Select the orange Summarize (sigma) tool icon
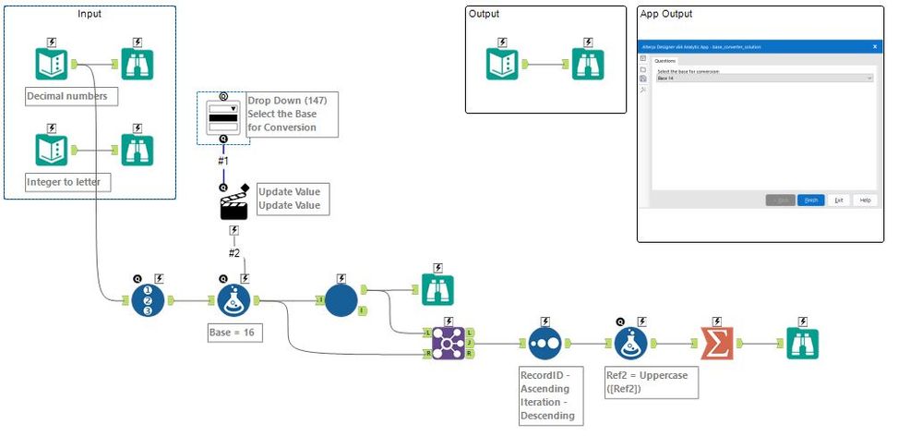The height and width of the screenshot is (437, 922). pos(715,343)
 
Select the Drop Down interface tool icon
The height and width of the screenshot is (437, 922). pos(222,116)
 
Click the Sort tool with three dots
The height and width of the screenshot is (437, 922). pos(546,343)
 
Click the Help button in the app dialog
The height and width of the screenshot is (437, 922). pos(865,200)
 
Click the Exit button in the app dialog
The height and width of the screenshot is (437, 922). pos(838,200)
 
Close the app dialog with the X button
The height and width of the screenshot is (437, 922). pos(875,45)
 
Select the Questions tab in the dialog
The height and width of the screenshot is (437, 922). pos(665,61)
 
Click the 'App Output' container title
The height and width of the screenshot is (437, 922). pos(665,14)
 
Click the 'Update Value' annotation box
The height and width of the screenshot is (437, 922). pos(289,199)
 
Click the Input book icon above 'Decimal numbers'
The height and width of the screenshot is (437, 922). pos(52,64)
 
